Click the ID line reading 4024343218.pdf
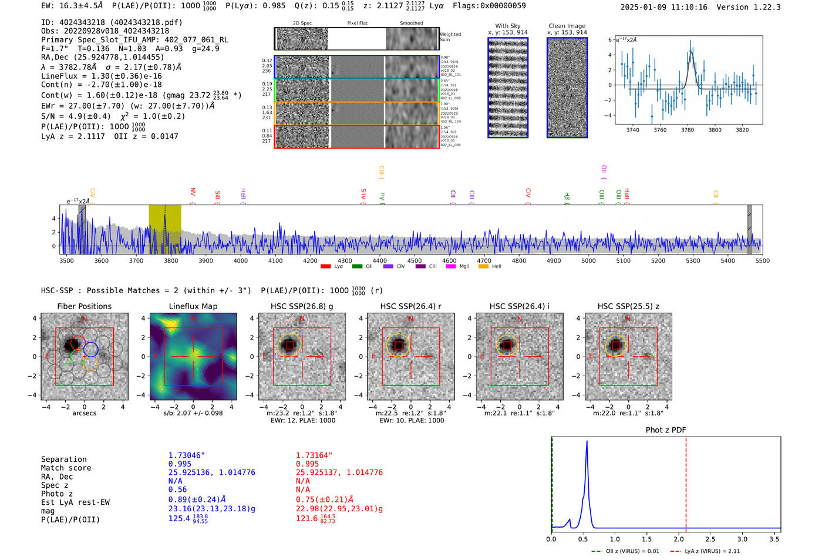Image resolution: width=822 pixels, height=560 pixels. [112, 22]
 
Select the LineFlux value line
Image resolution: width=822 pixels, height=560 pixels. [101, 76]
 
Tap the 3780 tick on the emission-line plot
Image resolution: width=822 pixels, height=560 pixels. [688, 130]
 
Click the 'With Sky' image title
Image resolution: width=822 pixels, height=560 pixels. [508, 26]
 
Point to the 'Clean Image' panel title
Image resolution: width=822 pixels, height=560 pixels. [567, 26]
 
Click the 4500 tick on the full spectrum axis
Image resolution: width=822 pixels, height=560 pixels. [415, 260]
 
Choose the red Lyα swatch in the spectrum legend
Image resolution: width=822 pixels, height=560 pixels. [325, 267]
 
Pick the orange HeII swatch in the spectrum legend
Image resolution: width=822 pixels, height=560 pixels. [483, 267]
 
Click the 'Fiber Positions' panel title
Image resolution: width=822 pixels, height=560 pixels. [84, 306]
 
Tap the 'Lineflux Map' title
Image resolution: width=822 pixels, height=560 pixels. [193, 306]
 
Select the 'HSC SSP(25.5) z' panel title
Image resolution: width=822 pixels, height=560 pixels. [628, 306]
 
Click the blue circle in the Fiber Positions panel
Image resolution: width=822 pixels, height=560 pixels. [90, 349]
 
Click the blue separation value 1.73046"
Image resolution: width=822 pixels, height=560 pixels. [187, 455]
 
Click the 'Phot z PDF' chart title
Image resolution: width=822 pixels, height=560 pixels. [666, 430]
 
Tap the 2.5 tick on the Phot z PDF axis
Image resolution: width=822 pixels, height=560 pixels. [710, 539]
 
